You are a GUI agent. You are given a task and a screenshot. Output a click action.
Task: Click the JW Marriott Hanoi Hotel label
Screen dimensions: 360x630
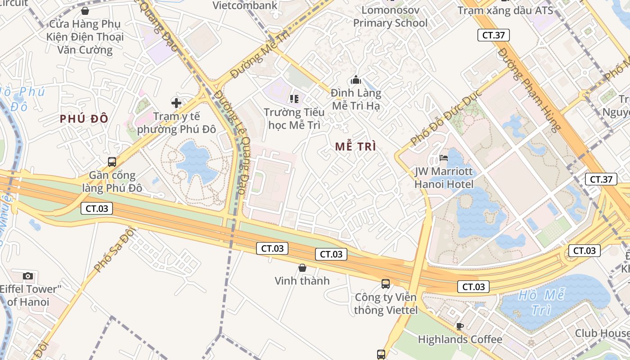pyautogui.click(x=444, y=178)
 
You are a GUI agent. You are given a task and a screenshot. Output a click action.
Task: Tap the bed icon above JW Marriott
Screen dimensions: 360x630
pyautogui.click(x=444, y=158)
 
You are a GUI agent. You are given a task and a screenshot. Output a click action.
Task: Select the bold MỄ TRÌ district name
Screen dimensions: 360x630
pyautogui.click(x=355, y=146)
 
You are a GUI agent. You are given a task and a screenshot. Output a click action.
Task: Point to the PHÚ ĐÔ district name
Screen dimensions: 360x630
pyautogui.click(x=84, y=119)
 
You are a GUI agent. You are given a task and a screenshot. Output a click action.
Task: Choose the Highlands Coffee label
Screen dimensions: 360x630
pyautogui.click(x=460, y=339)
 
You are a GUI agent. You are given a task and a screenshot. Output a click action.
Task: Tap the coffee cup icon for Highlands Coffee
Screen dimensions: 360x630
pyautogui.click(x=459, y=326)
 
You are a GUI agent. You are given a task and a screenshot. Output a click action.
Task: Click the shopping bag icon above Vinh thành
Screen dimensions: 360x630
pyautogui.click(x=302, y=268)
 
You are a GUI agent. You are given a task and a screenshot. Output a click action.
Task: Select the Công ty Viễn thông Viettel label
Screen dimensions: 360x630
pyautogui.click(x=386, y=304)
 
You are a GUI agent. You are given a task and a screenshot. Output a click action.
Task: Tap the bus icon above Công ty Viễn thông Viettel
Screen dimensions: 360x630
pyautogui.click(x=386, y=283)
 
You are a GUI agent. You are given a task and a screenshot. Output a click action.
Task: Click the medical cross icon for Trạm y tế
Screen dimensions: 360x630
pyautogui.click(x=176, y=103)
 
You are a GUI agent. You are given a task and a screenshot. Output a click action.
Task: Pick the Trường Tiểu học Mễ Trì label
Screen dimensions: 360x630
pyautogui.click(x=294, y=118)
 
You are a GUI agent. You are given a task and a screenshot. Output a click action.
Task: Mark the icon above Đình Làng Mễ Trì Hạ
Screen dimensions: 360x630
pyautogui.click(x=356, y=80)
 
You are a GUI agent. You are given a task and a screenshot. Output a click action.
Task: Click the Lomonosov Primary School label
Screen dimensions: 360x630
pyautogui.click(x=390, y=17)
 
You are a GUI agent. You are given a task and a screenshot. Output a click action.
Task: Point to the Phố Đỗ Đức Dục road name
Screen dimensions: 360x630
pyautogui.click(x=446, y=117)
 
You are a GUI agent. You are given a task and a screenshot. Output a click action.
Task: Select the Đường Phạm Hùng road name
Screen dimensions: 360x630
pyautogui.click(x=529, y=90)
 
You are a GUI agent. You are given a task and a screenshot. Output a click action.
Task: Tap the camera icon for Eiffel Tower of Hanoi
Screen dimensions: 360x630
pyautogui.click(x=28, y=276)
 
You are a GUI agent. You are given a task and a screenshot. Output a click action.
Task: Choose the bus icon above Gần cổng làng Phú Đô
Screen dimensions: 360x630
pyautogui.click(x=112, y=162)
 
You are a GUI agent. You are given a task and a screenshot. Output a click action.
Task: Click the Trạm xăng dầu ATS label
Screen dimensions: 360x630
pyautogui.click(x=505, y=10)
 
